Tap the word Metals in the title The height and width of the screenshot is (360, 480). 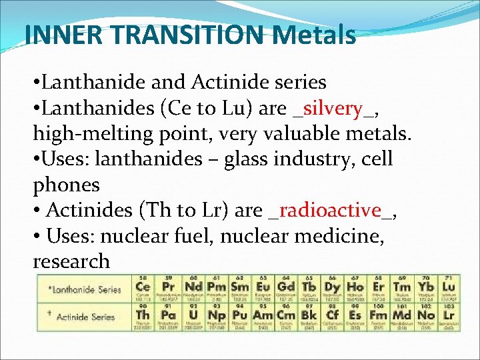[x=313, y=34]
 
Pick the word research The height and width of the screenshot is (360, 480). [x=71, y=261]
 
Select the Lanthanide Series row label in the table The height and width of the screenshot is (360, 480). [x=84, y=289]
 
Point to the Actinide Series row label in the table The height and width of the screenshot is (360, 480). [x=84, y=316]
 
